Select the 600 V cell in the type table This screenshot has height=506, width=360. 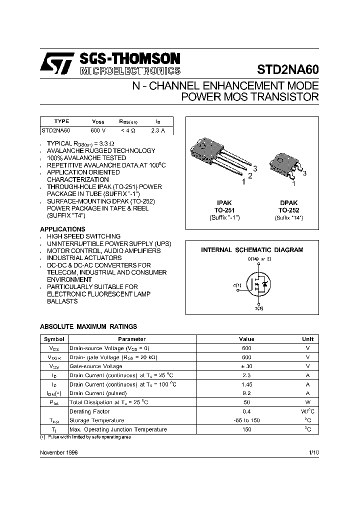click(97, 130)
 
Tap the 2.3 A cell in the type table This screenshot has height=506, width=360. click(157, 130)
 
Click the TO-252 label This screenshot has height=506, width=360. click(288, 210)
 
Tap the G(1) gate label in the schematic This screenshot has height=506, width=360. click(237, 285)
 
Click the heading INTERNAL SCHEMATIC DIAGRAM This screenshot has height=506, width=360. click(252, 249)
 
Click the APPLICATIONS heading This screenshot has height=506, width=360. click(62, 229)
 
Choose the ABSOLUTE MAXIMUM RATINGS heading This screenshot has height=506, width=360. click(88, 326)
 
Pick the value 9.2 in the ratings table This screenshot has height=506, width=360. click(246, 393)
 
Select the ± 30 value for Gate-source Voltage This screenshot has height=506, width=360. click(246, 366)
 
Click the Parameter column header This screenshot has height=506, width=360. click(132, 339)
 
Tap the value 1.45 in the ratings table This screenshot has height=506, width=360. click(246, 384)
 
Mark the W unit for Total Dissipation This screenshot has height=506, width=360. click(308, 402)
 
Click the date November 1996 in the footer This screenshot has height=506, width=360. click(58, 452)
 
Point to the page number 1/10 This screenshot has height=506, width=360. click(313, 452)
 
